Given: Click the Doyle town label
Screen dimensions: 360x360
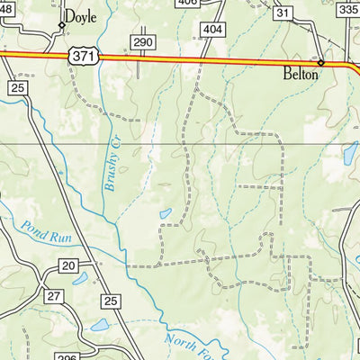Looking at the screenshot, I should tap(78, 16).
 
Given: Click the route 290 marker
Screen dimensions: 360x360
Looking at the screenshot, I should tap(142, 42).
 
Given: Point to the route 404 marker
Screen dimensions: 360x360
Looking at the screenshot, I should tap(213, 30).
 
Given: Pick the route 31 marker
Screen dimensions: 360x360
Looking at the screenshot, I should tap(283, 13).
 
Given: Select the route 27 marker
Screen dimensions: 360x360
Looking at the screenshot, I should tap(54, 296).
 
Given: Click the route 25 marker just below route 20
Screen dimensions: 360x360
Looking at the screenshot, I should tap(111, 301).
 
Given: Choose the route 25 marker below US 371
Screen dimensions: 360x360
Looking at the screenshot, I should tap(18, 86).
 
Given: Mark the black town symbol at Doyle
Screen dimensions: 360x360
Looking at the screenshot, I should tap(62, 25).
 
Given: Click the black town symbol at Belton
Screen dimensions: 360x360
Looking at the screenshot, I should tap(321, 63).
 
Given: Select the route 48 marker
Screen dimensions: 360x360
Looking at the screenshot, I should tap(7, 7).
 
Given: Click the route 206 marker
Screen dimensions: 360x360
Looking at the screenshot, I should tap(65, 357).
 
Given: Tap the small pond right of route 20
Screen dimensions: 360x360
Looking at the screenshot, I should tap(80, 280).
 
